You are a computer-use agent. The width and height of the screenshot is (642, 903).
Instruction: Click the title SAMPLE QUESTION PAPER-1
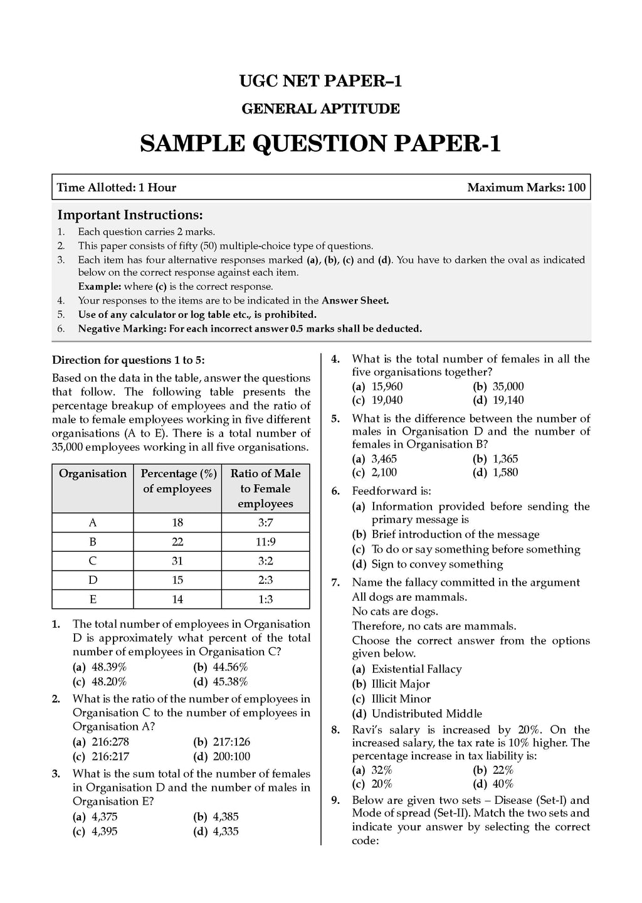320,144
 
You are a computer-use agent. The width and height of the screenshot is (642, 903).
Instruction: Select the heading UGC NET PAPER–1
320,81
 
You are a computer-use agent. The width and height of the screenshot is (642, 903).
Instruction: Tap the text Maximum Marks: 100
526,187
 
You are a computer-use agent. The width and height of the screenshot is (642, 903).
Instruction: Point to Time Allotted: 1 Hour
117,187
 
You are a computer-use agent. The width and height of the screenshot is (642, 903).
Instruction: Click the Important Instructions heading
130,214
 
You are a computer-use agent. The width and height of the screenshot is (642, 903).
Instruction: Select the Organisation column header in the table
93,474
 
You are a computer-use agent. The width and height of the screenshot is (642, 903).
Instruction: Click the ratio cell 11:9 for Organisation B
265,542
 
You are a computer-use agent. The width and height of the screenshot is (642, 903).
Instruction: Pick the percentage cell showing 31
177,561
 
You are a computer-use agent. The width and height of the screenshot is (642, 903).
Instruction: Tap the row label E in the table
93,599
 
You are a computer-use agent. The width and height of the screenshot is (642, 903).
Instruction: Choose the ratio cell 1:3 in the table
265,599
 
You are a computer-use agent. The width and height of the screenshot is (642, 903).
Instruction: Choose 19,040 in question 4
386,400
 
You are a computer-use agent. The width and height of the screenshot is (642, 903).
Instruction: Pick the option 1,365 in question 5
505,459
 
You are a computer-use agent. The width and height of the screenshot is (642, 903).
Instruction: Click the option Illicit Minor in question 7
401,699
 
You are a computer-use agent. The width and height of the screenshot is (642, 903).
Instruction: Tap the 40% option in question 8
503,784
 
